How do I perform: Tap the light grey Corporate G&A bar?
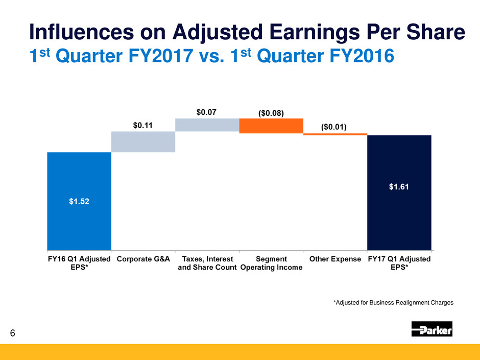[143, 141]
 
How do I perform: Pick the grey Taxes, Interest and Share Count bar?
[207, 125]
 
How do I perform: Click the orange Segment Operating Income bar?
[271, 126]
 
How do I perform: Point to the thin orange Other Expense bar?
[335, 134]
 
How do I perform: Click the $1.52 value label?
[79, 201]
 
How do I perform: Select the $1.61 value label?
[399, 187]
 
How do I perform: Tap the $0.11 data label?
[143, 125]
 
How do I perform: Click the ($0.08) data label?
[271, 111]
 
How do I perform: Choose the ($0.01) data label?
[335, 127]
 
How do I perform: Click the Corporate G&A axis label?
[143, 259]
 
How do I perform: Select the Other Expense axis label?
[335, 259]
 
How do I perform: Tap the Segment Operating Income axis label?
[271, 263]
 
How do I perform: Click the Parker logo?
[432, 329]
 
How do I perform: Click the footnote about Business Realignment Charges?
[393, 303]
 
